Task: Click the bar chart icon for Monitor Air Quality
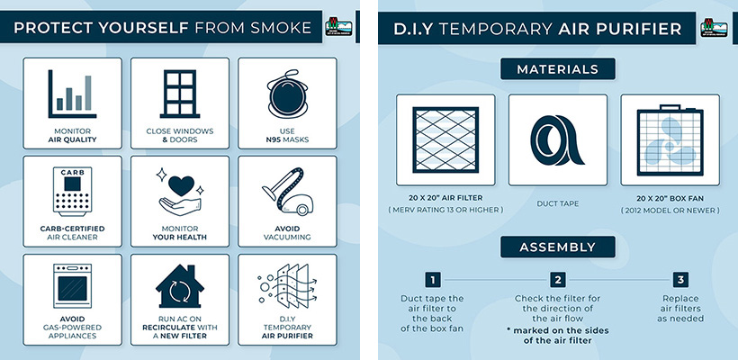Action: [72, 94]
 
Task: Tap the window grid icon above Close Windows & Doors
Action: [180, 94]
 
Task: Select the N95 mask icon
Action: [287, 94]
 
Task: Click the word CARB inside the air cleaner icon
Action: [73, 172]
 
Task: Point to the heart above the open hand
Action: [181, 184]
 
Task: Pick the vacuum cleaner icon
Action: [287, 192]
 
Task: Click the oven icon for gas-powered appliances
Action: [73, 286]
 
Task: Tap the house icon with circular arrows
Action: [180, 286]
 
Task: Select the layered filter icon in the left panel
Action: [287, 286]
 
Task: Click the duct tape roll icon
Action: [557, 140]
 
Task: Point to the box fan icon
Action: [670, 140]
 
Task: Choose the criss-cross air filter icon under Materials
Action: [445, 139]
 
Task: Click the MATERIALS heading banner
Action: [558, 69]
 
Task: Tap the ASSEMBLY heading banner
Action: [558, 247]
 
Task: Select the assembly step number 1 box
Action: [433, 280]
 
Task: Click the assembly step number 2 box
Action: [558, 280]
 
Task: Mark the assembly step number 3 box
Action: [680, 280]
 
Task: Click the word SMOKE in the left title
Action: [281, 28]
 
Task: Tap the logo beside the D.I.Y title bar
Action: [714, 28]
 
